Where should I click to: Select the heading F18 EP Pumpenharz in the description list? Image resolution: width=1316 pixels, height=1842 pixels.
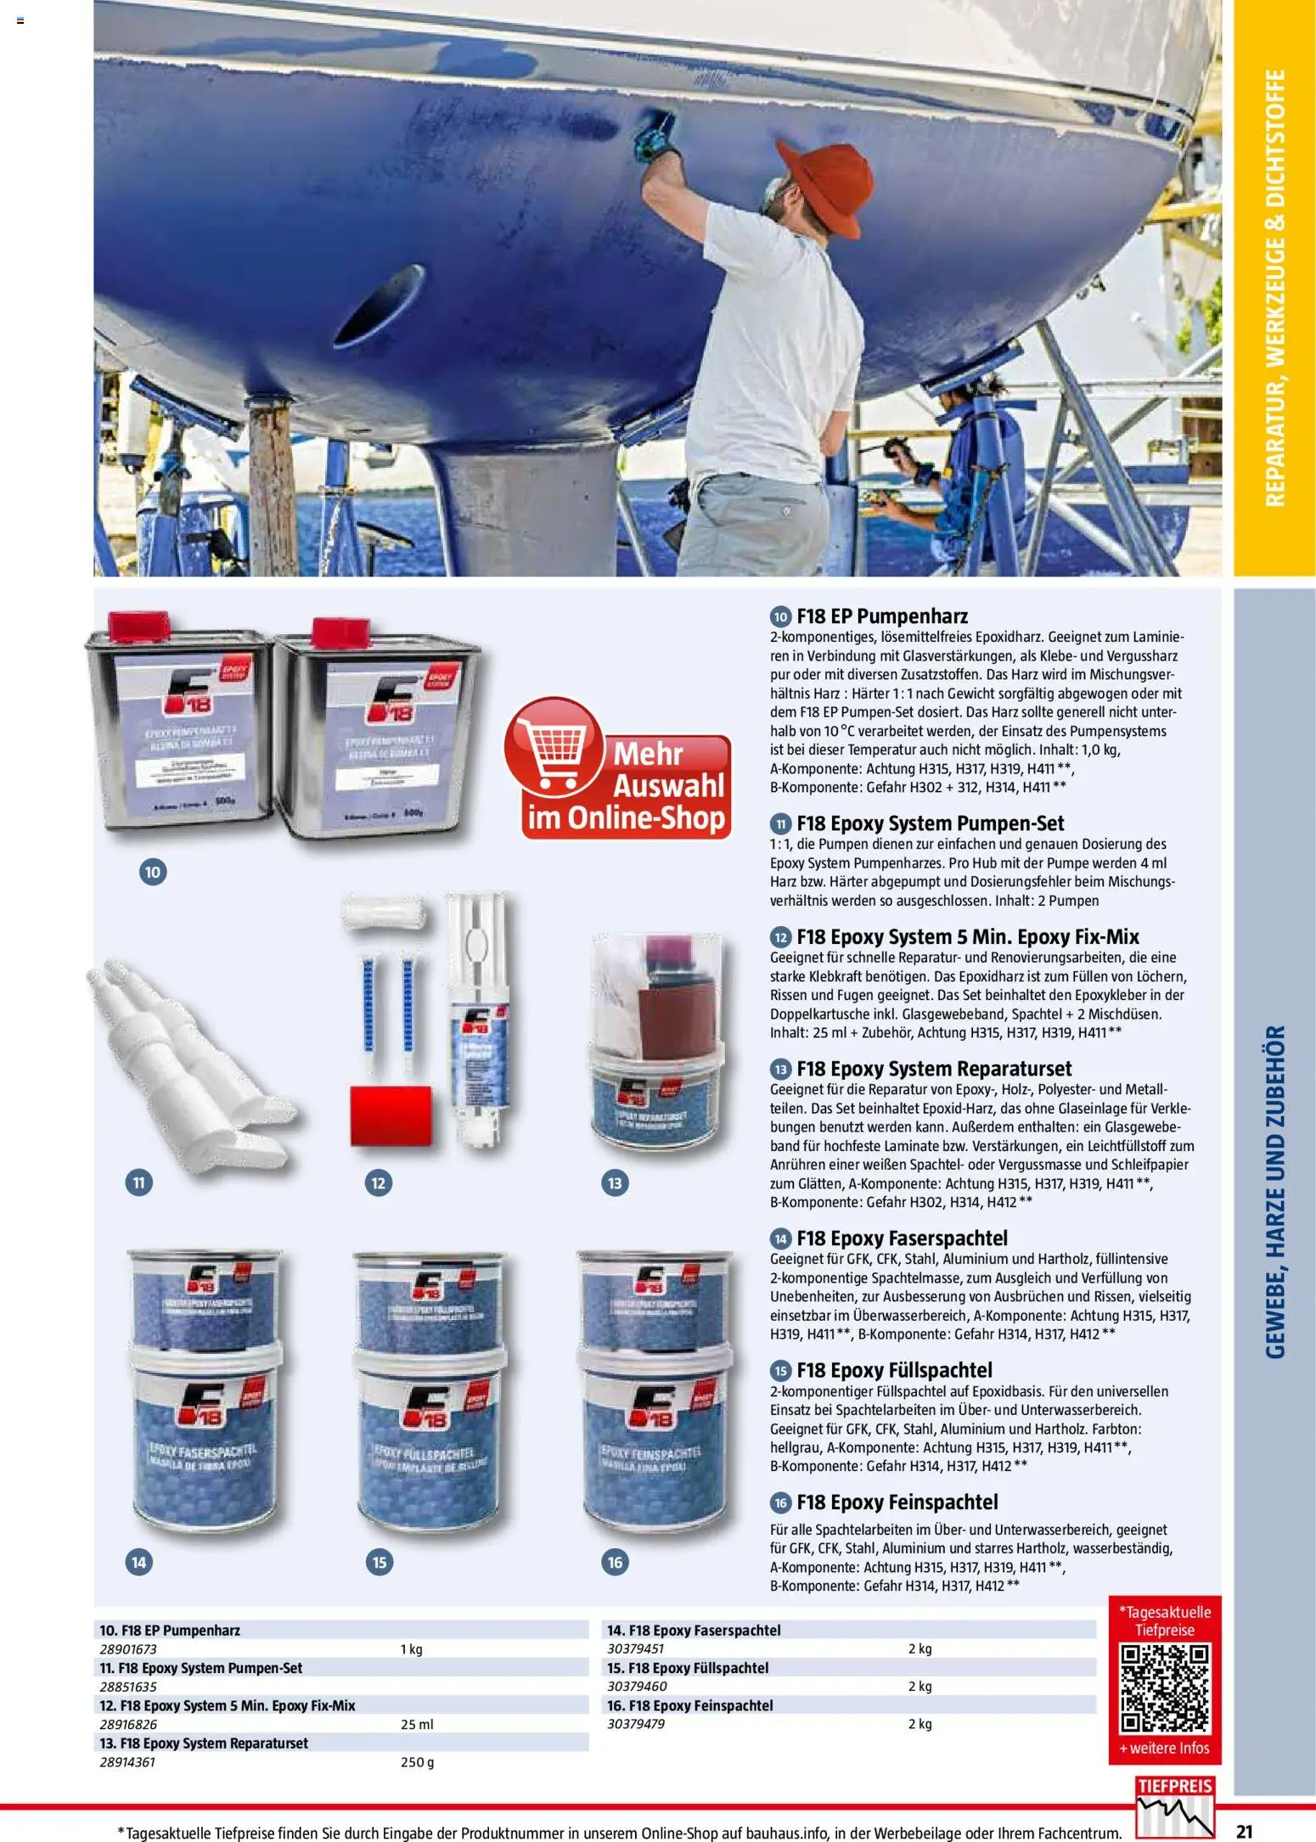[x=881, y=616]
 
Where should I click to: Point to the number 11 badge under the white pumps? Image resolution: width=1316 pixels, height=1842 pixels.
[x=139, y=1182]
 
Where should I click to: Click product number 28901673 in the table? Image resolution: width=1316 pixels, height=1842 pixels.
[x=128, y=1649]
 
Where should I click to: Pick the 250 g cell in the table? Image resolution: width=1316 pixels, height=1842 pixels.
[x=417, y=1762]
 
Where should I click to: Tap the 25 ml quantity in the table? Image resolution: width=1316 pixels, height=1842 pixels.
[x=417, y=1724]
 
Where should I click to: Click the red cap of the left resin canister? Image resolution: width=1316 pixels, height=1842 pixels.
[x=127, y=626]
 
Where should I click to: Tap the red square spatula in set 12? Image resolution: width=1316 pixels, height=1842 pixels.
[x=391, y=1115]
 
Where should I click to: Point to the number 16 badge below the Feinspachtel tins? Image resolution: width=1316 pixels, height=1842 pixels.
[x=615, y=1561]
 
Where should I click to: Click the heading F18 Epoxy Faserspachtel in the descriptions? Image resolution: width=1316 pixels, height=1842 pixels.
[x=901, y=1238]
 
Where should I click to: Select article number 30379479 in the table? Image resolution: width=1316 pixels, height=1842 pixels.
[x=636, y=1724]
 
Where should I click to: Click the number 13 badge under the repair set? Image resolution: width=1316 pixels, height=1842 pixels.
[x=615, y=1182]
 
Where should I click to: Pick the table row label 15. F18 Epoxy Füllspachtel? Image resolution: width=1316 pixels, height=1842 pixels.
[x=687, y=1668]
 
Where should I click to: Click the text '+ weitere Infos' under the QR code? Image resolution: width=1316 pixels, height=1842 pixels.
[x=1164, y=1749]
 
